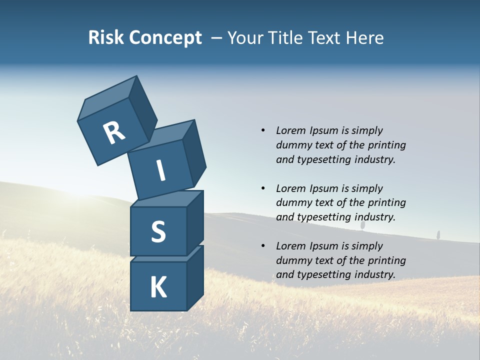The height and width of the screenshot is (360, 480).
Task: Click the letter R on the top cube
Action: (114, 133)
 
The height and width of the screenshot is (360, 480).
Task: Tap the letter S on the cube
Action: (158, 231)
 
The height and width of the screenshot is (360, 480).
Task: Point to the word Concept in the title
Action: (165, 38)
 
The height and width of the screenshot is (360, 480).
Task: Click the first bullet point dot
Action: (263, 130)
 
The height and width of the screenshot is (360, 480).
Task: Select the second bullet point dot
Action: (263, 188)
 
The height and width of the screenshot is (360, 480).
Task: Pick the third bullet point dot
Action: (263, 246)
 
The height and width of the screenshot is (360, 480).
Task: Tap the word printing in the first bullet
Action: (387, 145)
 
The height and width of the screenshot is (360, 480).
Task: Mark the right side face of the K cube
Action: (195, 277)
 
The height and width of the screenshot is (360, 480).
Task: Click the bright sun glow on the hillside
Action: (75, 200)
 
